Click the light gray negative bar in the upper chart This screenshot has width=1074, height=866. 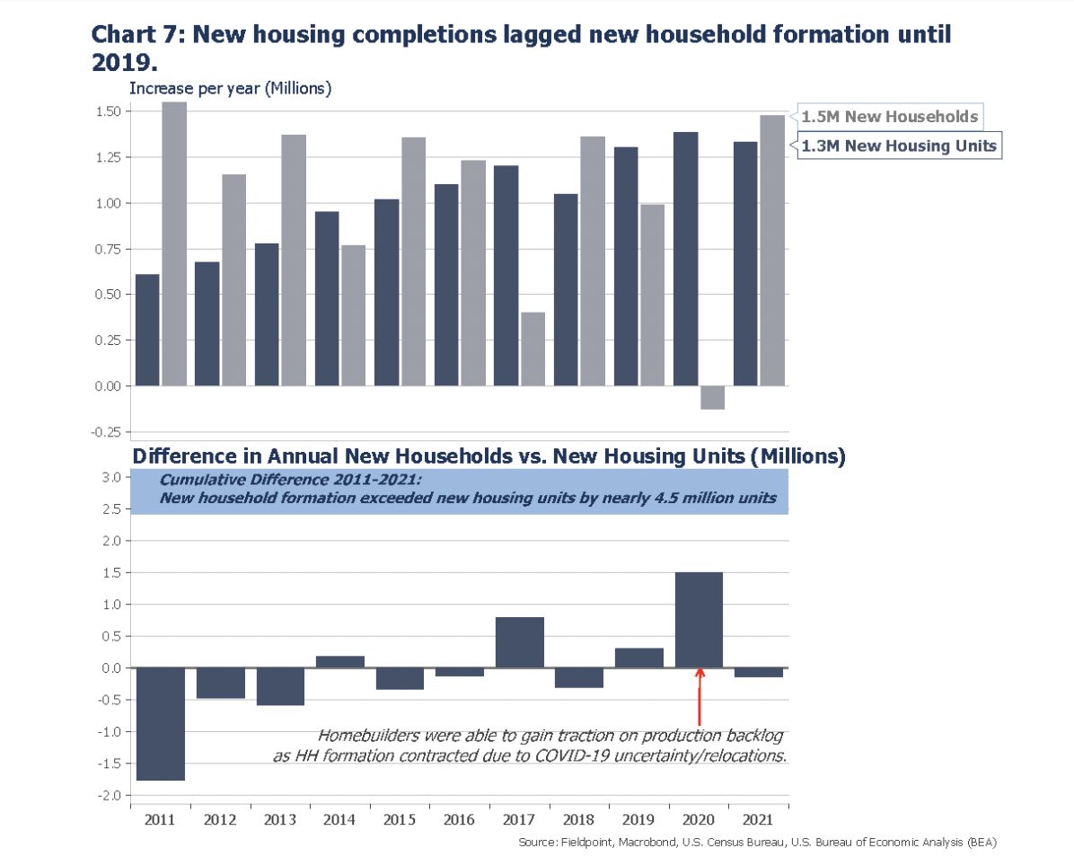pyautogui.click(x=712, y=397)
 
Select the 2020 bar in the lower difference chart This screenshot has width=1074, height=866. pyautogui.click(x=699, y=620)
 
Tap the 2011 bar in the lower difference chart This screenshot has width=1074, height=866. pyautogui.click(x=160, y=724)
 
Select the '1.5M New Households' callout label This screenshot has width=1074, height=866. pyautogui.click(x=889, y=117)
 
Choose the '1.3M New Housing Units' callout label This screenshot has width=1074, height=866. pyautogui.click(x=899, y=146)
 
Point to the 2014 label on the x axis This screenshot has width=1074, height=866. pyautogui.click(x=339, y=819)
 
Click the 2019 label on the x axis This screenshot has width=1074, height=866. pyautogui.click(x=639, y=819)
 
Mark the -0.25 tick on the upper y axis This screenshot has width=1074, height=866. pyautogui.click(x=108, y=431)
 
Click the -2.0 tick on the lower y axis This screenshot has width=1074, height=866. pyautogui.click(x=110, y=796)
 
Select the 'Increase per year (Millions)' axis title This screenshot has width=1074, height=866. pyautogui.click(x=231, y=88)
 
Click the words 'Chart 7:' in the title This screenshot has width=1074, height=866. pyautogui.click(x=137, y=35)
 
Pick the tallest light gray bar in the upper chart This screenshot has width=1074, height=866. pyautogui.click(x=174, y=243)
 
